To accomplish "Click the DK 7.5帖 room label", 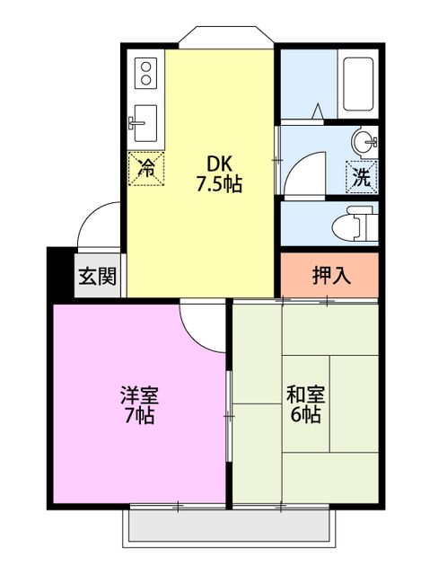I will pyautogui.click(x=219, y=174).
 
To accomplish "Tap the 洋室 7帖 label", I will pyautogui.click(x=139, y=405).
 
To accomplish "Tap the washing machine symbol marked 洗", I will pyautogui.click(x=361, y=176).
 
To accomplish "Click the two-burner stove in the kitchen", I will pyautogui.click(x=146, y=73).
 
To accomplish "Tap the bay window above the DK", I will pyautogui.click(x=225, y=38).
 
